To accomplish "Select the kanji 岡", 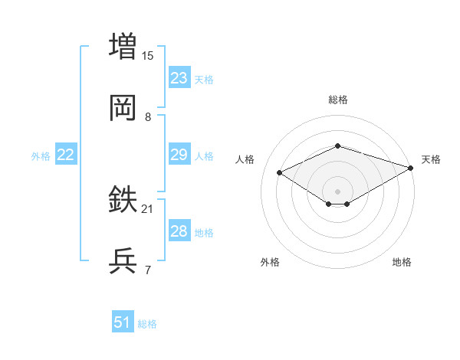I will point(123,109).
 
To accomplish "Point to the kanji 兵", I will point(123,262).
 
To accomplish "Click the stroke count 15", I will point(148,56).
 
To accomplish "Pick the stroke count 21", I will point(148,208).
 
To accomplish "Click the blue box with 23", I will point(179,78).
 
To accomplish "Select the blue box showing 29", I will point(179,155).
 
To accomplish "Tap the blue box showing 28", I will point(179,231).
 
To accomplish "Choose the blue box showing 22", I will point(65,155).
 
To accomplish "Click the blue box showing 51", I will point(122,322).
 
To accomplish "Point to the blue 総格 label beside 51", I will point(147,324).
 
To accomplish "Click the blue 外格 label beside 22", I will point(41,156).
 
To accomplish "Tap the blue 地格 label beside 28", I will point(204,233).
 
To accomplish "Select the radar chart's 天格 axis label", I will point(431,159).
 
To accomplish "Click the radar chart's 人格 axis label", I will point(245,159).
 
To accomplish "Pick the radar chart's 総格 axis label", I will point(337,100).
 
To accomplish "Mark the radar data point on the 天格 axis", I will point(412,167).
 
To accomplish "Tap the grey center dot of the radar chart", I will point(337,191).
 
